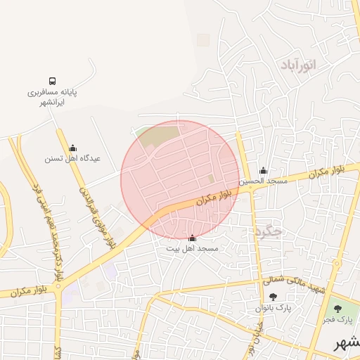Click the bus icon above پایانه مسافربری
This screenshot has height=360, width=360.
(x=53, y=81)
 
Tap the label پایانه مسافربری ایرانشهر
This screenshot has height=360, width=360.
(x=53, y=97)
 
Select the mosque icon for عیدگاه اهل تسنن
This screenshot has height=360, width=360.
(x=72, y=148)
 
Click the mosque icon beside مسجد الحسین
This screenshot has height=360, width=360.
(x=264, y=170)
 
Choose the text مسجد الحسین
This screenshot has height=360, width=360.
(x=264, y=181)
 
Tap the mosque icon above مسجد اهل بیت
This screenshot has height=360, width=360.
(x=193, y=238)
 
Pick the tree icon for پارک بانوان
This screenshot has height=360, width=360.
(x=273, y=297)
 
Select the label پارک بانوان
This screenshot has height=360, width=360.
(x=273, y=309)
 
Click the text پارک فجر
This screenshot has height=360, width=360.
(x=337, y=320)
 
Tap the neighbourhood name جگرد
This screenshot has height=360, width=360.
(x=268, y=231)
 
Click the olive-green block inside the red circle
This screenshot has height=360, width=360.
(x=159, y=136)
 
